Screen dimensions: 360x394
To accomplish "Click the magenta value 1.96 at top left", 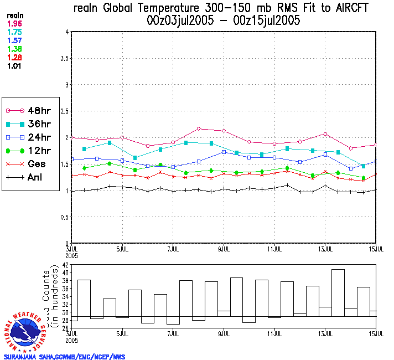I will point(15,24).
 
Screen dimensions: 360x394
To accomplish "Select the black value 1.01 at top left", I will point(15,66).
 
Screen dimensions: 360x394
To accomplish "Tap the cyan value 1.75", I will point(15,32).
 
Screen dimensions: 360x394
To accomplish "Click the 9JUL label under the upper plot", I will point(224,249).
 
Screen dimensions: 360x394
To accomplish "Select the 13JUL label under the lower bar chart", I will point(325,334).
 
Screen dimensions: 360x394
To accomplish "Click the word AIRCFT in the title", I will point(347,9).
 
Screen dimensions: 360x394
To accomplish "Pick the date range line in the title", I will point(224,21).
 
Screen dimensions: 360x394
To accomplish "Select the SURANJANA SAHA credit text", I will point(64,356).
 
